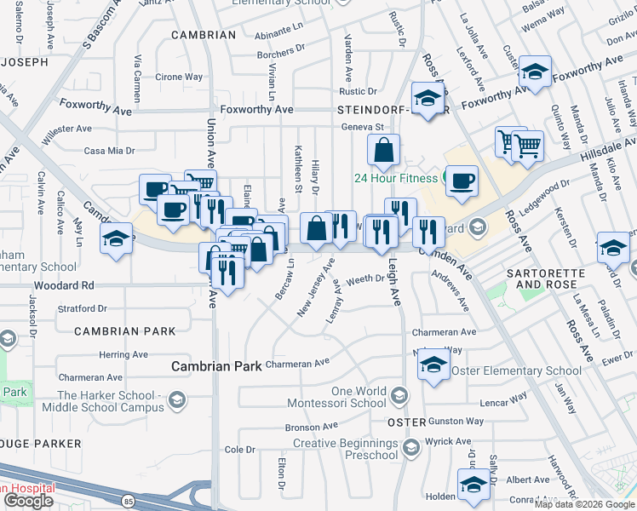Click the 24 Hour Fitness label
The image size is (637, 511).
point(396,178)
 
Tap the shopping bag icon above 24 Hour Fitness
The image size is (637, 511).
point(384,151)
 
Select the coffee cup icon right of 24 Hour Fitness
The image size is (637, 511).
point(461,181)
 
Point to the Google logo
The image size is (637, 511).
point(29,501)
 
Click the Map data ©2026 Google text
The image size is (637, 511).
point(584,504)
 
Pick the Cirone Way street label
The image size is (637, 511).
point(179,77)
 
